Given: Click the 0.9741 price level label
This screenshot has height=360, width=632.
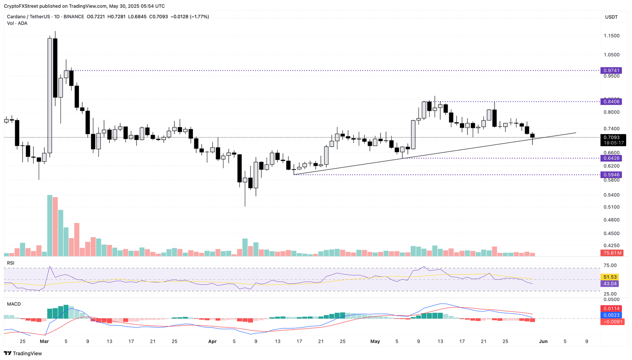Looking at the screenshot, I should coord(611,70).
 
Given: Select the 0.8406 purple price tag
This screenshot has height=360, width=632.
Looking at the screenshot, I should coord(611,101).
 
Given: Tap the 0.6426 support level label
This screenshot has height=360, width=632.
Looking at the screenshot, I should coord(611,158).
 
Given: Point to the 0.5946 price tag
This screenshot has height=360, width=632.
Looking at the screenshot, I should coord(611,174).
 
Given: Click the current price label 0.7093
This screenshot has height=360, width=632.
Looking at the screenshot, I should coord(613,137).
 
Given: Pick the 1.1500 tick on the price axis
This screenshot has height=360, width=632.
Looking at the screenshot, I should coord(611,36).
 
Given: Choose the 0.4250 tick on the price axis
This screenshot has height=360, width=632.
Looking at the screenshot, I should coord(611,246).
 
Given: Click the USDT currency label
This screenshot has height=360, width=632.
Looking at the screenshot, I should coord(611,17).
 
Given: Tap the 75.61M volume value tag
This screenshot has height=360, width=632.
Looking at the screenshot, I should coord(612,253).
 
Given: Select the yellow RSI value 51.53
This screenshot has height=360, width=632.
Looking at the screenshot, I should coord(609,277).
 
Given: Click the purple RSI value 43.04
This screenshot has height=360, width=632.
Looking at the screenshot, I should coord(609,283).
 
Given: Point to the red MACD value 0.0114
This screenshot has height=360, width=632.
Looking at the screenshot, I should coord(611,309).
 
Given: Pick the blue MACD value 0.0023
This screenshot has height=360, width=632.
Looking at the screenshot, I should coord(611,315).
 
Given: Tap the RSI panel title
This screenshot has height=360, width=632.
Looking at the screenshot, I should coord(11,263).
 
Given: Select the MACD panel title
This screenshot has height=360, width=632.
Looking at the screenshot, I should coord(14,304).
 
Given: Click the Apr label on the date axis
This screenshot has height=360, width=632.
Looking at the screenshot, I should coord(212,341).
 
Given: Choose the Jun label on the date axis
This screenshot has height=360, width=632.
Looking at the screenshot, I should coord(543,341).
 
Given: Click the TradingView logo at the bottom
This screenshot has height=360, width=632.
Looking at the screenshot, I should coord(23,353).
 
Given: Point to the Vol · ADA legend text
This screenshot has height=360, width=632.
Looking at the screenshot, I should coord(17,23).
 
